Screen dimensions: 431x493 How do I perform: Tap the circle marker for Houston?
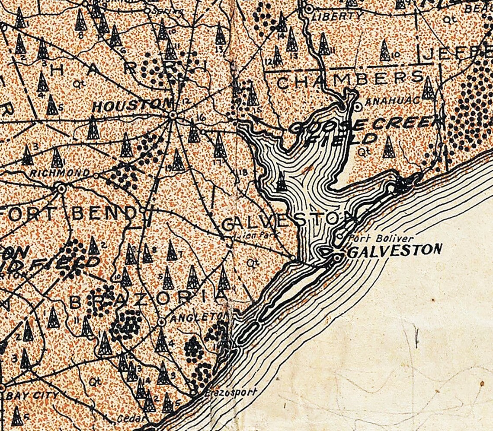[x=173, y=115]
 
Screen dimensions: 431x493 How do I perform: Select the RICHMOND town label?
[x=60, y=173]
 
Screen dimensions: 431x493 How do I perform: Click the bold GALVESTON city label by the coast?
[x=394, y=250]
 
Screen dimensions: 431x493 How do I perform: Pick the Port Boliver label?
[x=381, y=238]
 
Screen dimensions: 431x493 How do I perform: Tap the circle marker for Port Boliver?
[x=340, y=236]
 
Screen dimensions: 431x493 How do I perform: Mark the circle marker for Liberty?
[x=309, y=8]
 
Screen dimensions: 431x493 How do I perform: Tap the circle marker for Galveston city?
[x=337, y=258]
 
